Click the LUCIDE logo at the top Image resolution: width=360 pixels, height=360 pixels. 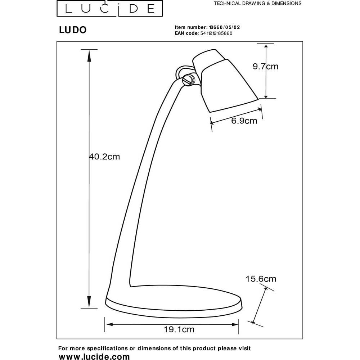[110, 9]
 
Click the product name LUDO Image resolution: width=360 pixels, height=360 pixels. [73, 30]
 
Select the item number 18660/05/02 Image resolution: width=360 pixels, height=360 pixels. [225, 27]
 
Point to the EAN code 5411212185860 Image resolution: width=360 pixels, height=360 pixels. [216, 33]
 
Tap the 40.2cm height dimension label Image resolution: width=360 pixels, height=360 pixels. [104, 157]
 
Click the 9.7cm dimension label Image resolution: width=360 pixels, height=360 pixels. [265, 67]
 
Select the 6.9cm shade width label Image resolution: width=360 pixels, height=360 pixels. [244, 121]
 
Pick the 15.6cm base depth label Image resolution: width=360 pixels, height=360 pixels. [261, 279]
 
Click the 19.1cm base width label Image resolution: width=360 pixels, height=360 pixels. [179, 329]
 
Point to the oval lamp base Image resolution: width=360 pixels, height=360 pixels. [174, 301]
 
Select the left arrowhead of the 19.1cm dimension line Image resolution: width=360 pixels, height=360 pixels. [110, 324]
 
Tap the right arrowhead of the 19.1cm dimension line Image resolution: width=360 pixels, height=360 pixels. [235, 324]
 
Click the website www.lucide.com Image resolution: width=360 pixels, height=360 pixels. [94, 356]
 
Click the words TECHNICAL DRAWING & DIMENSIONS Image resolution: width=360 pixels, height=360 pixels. [258, 4]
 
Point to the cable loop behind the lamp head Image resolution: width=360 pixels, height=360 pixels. [181, 71]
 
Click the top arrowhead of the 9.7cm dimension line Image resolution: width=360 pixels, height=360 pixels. [266, 47]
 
